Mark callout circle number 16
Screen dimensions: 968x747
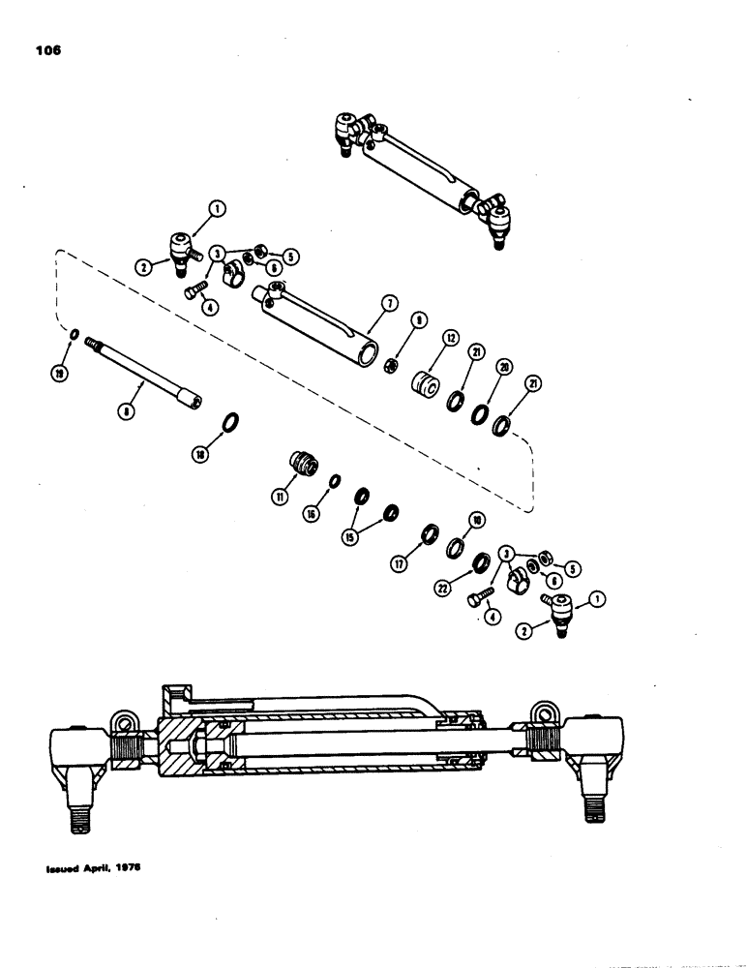[x=312, y=516]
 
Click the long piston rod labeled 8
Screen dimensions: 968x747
[x=145, y=373]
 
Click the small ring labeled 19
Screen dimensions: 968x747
[x=74, y=335]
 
